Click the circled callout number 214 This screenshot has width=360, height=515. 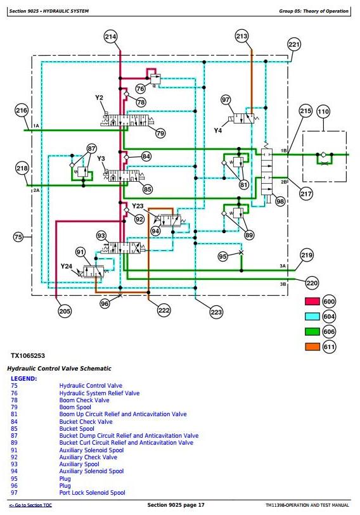click(x=110, y=37)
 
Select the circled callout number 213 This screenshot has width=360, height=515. click(x=241, y=36)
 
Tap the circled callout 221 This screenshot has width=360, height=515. click(x=294, y=44)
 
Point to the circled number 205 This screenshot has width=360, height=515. click(x=65, y=310)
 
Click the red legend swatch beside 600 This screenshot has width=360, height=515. click(x=312, y=301)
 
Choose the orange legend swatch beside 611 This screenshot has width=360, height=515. click(x=312, y=347)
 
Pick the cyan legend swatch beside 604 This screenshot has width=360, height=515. click(x=312, y=316)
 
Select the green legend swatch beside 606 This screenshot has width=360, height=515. click(x=312, y=331)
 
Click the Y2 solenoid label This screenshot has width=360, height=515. click(x=99, y=98)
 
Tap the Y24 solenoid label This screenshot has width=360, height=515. click(x=66, y=266)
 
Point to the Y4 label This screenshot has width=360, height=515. click(x=218, y=130)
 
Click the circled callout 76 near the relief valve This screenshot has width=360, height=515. click(x=140, y=89)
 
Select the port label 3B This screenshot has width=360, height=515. click(x=283, y=284)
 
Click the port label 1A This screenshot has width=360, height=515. click(x=36, y=125)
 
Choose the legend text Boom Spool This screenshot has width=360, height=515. click(x=75, y=407)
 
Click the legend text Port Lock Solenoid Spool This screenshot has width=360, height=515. click(x=92, y=493)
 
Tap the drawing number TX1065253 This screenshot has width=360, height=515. click(x=28, y=356)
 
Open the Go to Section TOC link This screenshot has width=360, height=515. click(x=30, y=505)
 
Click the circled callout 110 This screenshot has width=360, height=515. click(x=323, y=111)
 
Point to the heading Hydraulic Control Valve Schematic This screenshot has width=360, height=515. click(x=59, y=369)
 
